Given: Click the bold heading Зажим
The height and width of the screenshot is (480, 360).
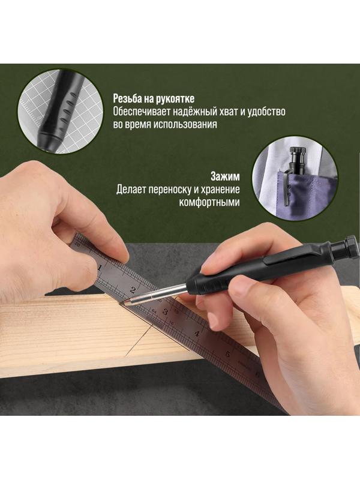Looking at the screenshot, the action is coord(225,176).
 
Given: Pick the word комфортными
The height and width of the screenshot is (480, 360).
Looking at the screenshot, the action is coord(209,202).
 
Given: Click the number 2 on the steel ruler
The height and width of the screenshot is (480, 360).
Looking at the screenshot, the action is coord(133,290).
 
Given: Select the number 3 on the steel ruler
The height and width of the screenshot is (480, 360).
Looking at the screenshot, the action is coord(166,312).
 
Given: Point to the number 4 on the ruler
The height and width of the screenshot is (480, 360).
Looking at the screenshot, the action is coord(197,334).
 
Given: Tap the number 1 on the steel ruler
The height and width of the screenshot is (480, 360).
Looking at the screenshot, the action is coord(100,268).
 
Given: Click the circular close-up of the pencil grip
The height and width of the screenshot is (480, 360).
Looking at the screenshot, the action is coord(61,111).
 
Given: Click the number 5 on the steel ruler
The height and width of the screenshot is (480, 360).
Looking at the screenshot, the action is coord(228,354).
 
